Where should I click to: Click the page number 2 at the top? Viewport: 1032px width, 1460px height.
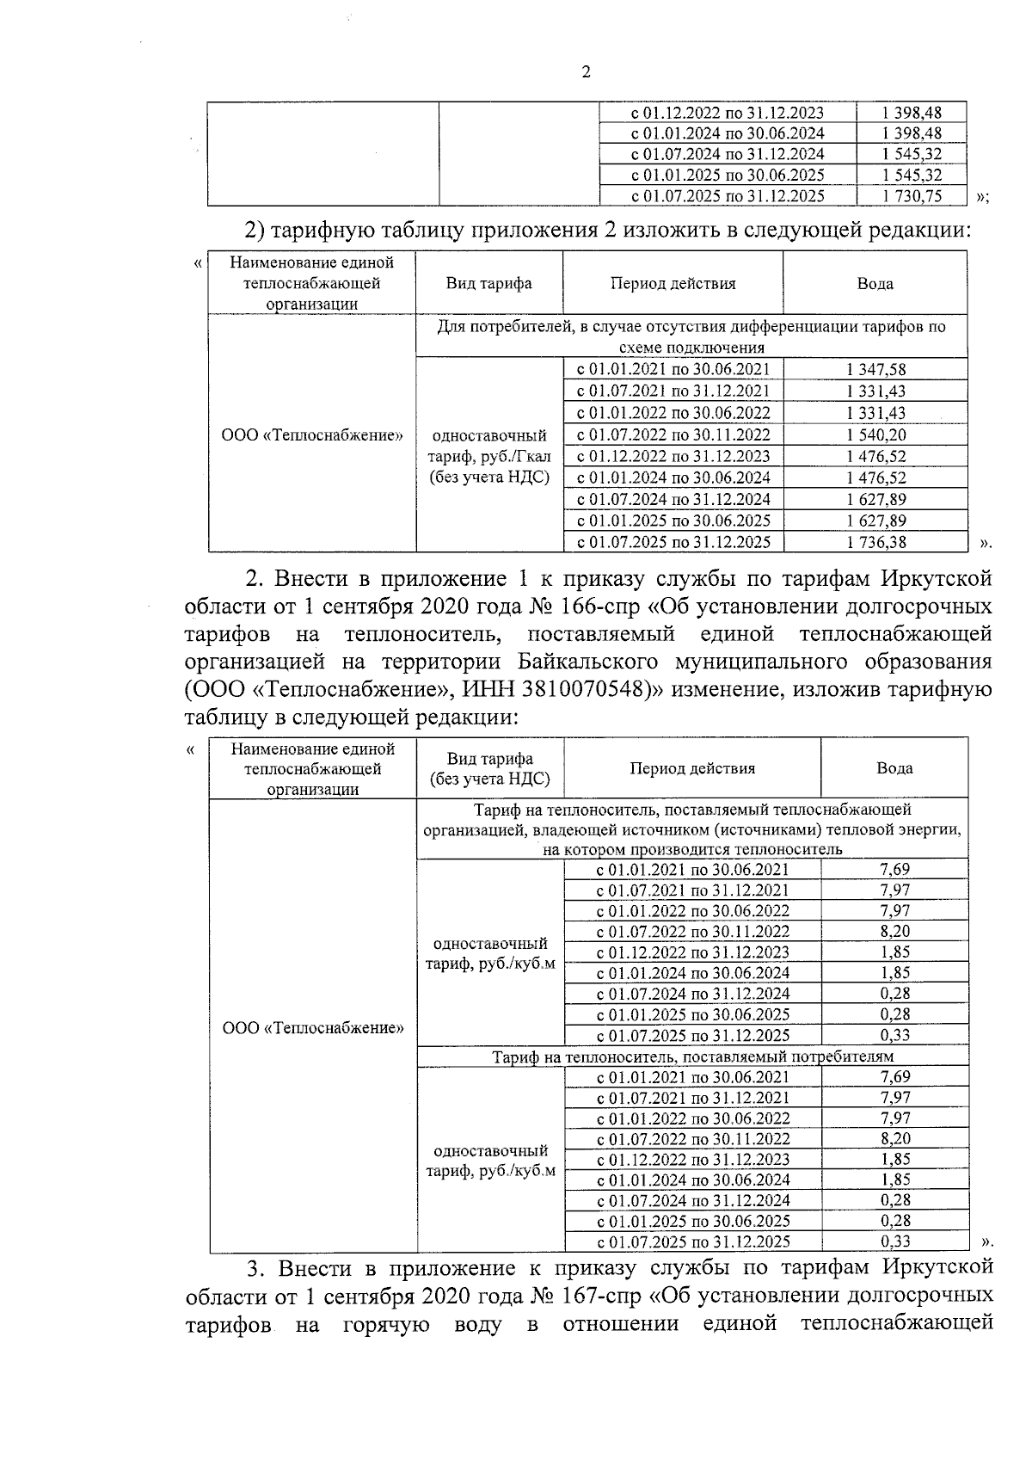586,74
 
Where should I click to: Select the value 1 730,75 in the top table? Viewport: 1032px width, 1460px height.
912,196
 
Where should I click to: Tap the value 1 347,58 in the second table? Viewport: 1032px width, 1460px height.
875,370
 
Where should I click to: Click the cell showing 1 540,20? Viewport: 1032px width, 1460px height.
875,435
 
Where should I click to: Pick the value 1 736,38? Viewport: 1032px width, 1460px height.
875,543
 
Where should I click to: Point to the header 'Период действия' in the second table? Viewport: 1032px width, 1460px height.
673,284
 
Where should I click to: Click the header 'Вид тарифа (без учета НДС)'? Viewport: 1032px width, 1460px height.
489,769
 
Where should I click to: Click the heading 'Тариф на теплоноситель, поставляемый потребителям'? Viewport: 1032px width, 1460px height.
692,1056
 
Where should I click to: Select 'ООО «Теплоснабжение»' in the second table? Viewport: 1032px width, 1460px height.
312,435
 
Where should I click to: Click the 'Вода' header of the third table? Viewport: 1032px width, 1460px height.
894,768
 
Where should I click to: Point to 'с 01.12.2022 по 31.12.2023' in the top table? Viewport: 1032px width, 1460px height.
728,113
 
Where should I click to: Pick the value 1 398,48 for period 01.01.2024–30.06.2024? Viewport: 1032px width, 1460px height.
912,133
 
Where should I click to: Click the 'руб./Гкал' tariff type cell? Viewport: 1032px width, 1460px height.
489,457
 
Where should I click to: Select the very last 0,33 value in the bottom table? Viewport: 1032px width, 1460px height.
895,1241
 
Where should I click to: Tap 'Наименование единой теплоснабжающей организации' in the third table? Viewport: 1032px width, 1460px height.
312,768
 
